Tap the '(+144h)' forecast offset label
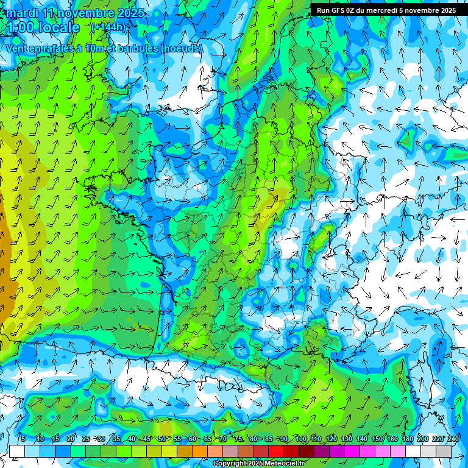click(108, 27)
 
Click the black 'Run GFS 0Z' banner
click(386, 10)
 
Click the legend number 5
click(23, 439)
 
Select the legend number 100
click(300, 439)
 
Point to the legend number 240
click(453, 439)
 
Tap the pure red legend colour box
click(276, 451)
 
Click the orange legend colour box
click(200, 451)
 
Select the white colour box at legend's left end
click(17, 451)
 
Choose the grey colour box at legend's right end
click(444, 451)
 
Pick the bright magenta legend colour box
click(352, 451)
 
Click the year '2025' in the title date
click(130, 13)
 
